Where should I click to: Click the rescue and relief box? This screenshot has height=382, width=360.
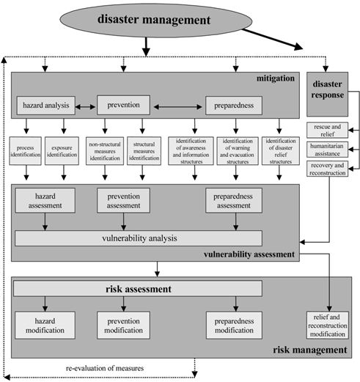tap(328, 133)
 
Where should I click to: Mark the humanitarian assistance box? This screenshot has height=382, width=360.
tap(328, 151)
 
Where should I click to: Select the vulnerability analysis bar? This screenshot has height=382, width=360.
tap(139, 238)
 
